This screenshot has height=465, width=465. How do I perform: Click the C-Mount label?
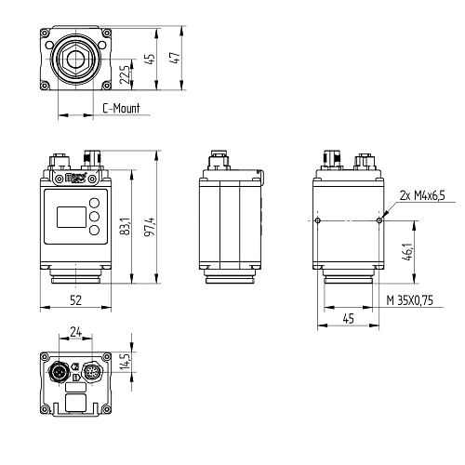pos(121,108)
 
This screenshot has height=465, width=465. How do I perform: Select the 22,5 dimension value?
pos(125,74)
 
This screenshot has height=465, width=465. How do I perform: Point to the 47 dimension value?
pos(175,58)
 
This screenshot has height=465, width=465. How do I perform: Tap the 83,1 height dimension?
pos(126,226)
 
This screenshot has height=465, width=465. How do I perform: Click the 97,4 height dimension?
pos(150,227)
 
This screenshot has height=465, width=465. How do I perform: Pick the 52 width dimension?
pos(75,300)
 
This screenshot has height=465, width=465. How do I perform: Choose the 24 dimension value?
pos(75,332)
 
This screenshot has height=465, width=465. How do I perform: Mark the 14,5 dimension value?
pos(126,361)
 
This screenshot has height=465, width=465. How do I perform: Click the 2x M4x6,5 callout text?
pos(422,195)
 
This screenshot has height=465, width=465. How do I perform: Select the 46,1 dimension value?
pos(408,252)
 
